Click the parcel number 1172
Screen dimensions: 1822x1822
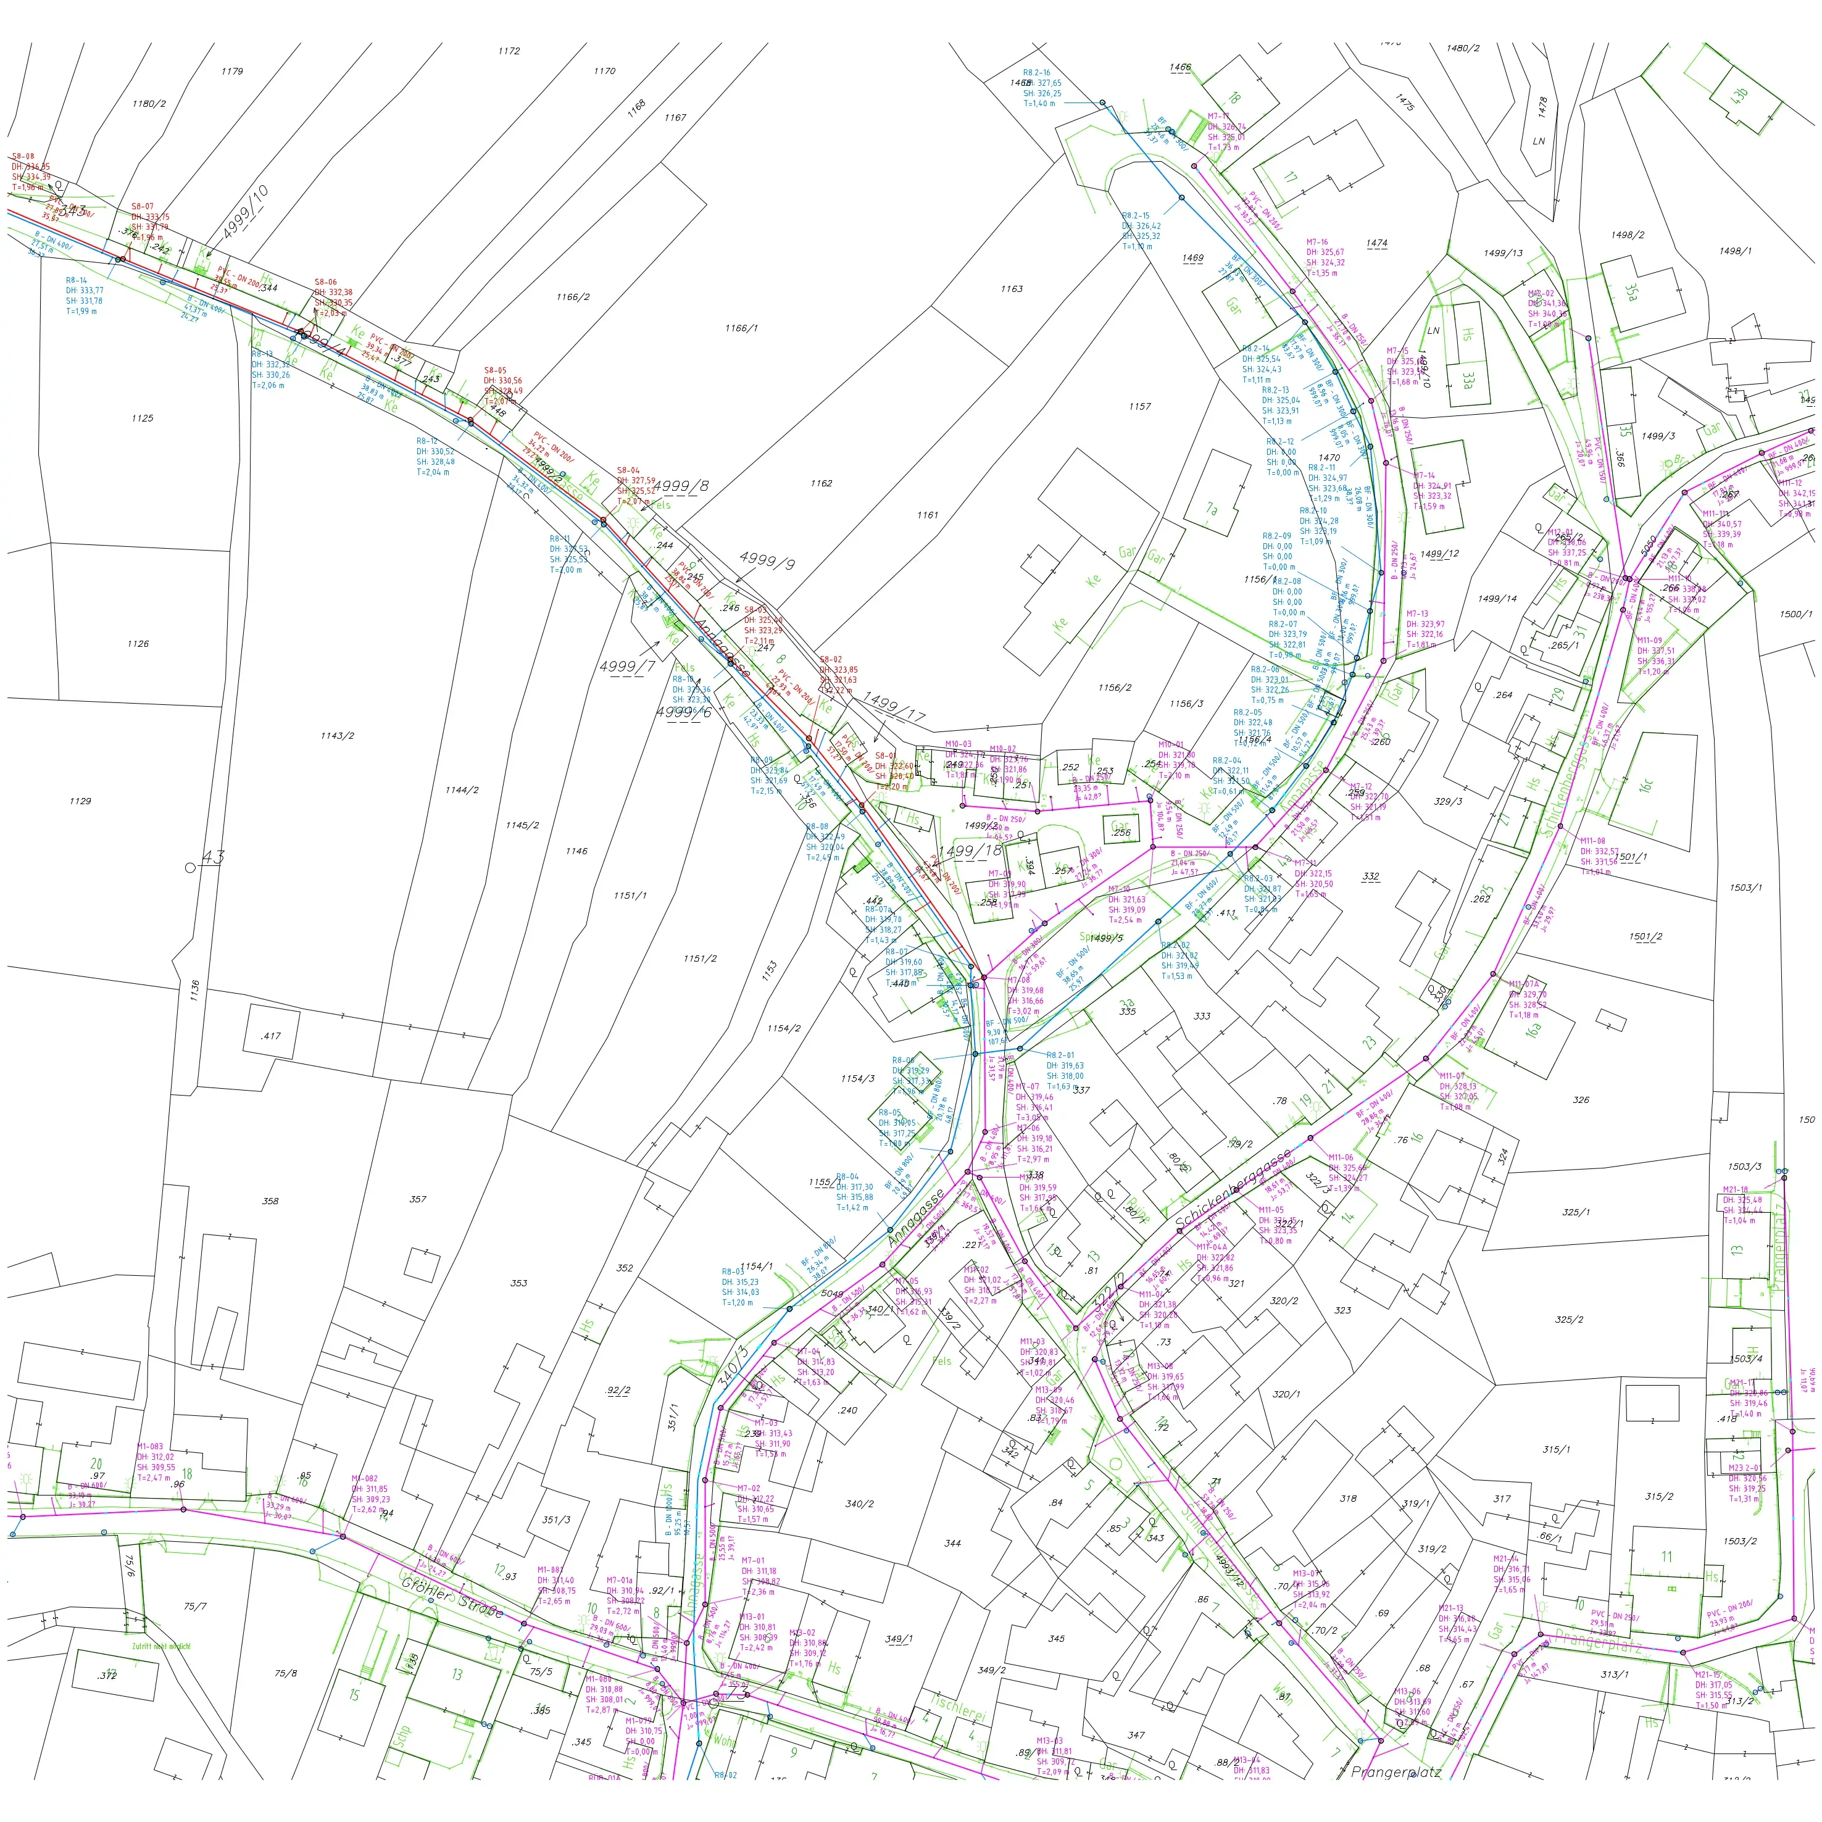[509, 51]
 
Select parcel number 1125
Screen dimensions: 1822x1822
[143, 418]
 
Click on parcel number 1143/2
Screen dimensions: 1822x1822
[336, 736]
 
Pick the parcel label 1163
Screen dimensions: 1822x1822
[1011, 289]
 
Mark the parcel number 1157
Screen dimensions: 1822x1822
[1139, 407]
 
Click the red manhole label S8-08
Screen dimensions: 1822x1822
[23, 157]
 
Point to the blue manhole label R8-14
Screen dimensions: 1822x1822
[77, 280]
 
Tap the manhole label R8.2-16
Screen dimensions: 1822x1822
[1036, 73]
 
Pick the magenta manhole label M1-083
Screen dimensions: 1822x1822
[150, 1446]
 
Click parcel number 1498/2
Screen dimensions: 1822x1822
[1627, 235]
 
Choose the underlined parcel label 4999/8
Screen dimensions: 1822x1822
[680, 486]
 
